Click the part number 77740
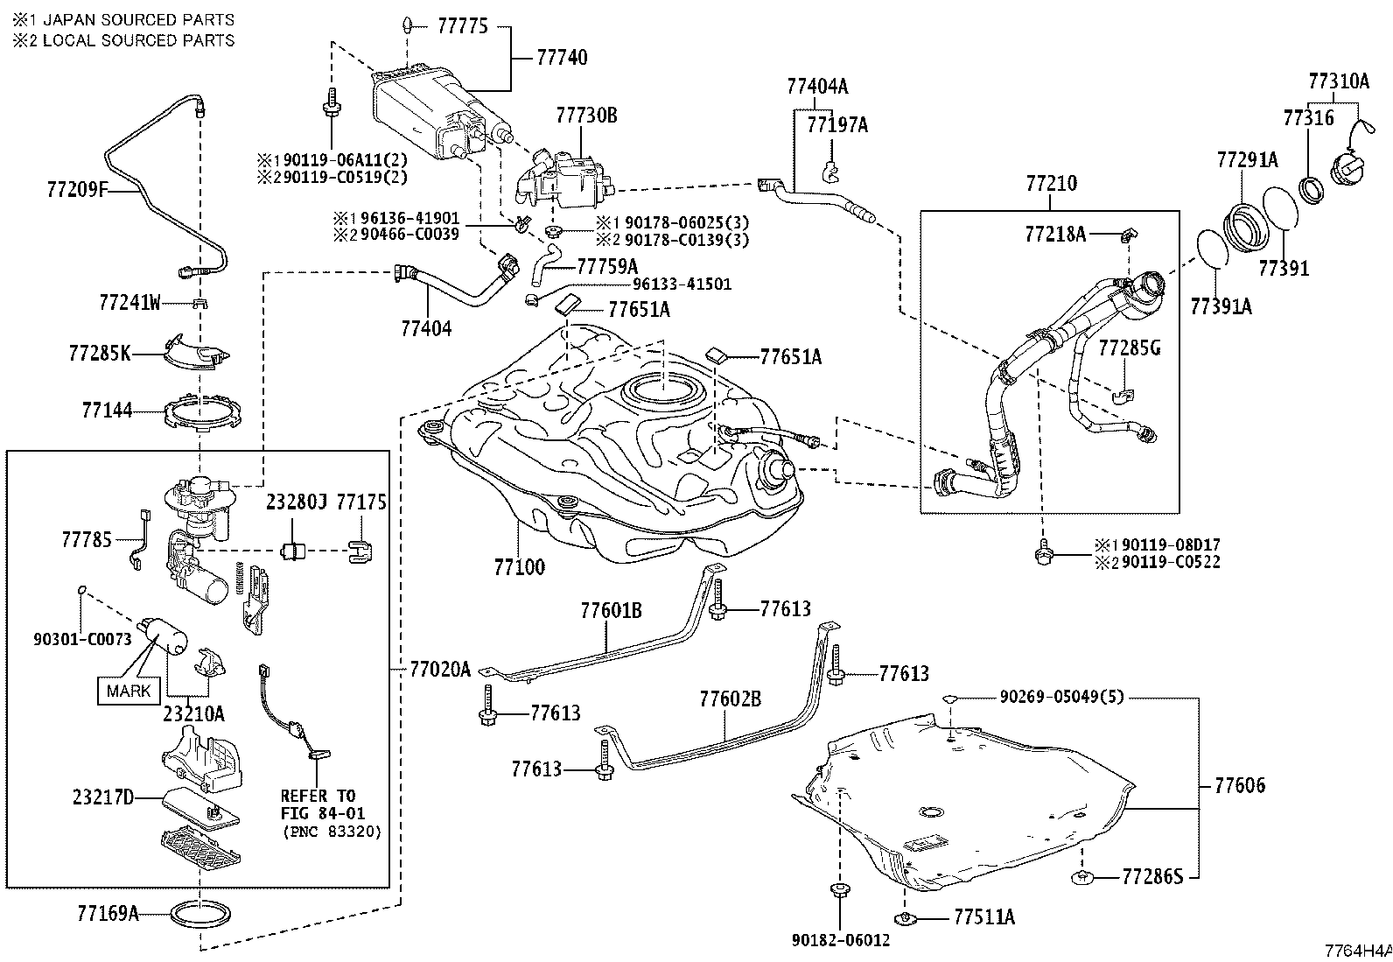click(562, 58)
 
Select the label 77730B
click(586, 116)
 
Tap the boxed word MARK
click(129, 691)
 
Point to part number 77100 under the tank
click(519, 567)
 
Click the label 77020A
click(440, 670)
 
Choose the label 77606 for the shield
click(1239, 786)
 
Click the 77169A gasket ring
click(200, 914)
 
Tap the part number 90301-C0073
click(83, 639)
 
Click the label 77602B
click(730, 699)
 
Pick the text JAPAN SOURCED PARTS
click(138, 20)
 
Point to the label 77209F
click(77, 190)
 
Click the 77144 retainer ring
click(202, 412)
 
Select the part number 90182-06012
click(841, 940)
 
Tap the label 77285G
click(1130, 348)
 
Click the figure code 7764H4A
click(1358, 951)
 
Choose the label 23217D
click(103, 797)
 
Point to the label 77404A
click(817, 86)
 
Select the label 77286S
click(1152, 877)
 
